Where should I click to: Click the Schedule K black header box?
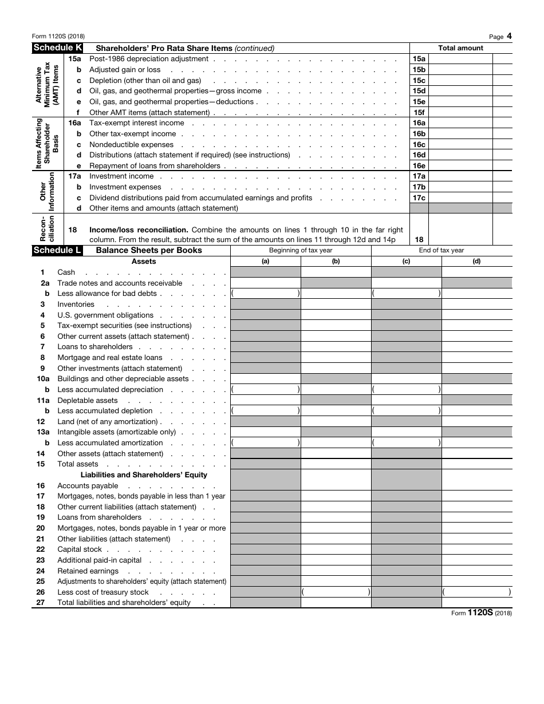tap(57, 48)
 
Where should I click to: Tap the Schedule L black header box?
tap(57, 250)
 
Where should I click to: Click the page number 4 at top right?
tap(508, 36)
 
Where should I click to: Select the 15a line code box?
tap(419, 59)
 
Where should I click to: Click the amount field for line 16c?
tap(461, 145)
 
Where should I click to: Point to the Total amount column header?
tap(460, 48)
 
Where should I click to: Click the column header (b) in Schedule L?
tap(336, 261)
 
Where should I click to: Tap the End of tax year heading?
tap(441, 250)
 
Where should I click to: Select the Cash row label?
tap(66, 272)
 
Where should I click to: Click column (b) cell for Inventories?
tap(336, 304)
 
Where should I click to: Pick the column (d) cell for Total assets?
tap(476, 464)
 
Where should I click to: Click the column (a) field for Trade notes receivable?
tap(265, 283)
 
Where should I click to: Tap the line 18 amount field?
tap(461, 230)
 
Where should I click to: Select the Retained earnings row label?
tap(88, 571)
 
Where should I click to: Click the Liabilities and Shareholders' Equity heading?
tap(144, 474)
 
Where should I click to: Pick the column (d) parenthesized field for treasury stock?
tap(476, 592)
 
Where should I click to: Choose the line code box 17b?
tap(419, 187)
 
